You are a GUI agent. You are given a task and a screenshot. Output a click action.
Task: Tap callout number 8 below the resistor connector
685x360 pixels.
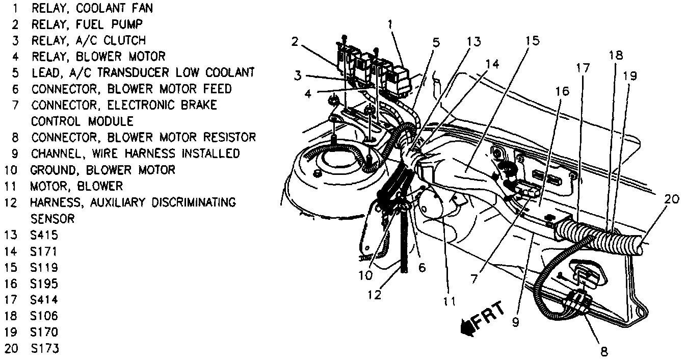[604, 351]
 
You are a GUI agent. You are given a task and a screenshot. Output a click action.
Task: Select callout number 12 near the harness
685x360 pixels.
[375, 294]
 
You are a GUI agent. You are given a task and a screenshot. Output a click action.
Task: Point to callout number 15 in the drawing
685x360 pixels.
[533, 41]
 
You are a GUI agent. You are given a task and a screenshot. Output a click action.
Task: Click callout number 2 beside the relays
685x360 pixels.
[295, 41]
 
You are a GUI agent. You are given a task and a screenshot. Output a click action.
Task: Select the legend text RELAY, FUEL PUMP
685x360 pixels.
[87, 24]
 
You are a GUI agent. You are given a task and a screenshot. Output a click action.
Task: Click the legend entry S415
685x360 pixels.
[44, 236]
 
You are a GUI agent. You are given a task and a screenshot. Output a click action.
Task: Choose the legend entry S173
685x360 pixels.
[45, 349]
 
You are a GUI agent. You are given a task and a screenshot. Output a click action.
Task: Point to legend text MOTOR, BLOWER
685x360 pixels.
[77, 186]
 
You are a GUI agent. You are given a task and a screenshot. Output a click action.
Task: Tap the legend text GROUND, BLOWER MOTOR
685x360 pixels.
[102, 170]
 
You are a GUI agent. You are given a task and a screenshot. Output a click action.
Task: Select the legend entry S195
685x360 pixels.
[45, 284]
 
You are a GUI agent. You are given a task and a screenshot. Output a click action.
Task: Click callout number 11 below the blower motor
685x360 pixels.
[449, 301]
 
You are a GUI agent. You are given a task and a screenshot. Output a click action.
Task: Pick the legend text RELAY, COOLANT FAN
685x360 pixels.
[92, 8]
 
